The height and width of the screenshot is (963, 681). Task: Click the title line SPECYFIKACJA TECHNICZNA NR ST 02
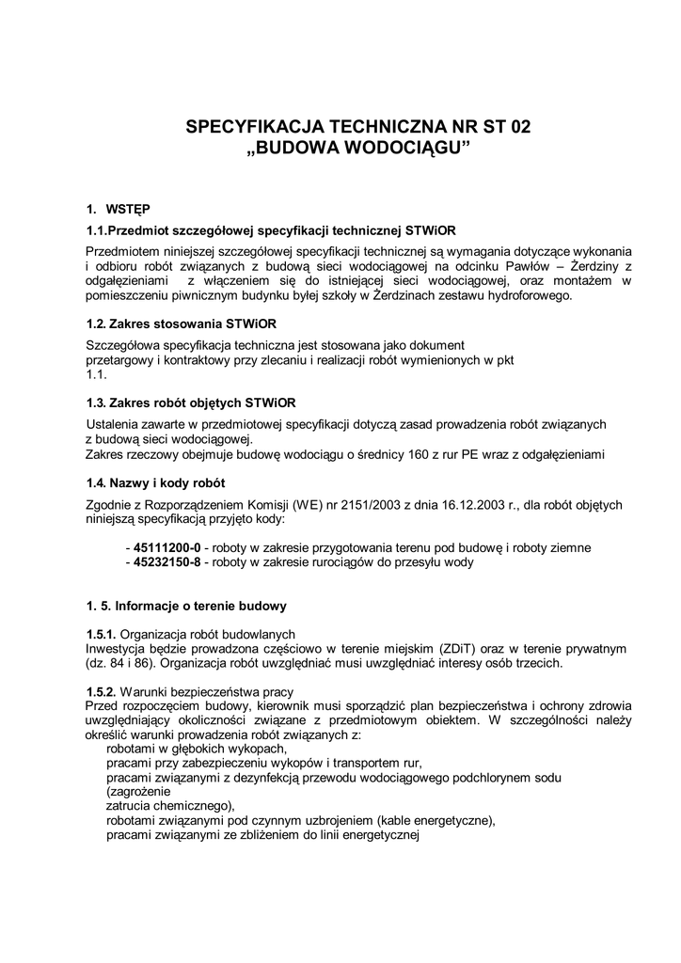357,126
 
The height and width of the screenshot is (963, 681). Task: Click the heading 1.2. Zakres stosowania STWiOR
182,324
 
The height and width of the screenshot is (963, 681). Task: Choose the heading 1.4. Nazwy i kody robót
155,483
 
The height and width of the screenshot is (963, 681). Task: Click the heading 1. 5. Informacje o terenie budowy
186,606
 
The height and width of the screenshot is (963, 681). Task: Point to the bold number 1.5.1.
101,634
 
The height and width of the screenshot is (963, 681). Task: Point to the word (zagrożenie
138,792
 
